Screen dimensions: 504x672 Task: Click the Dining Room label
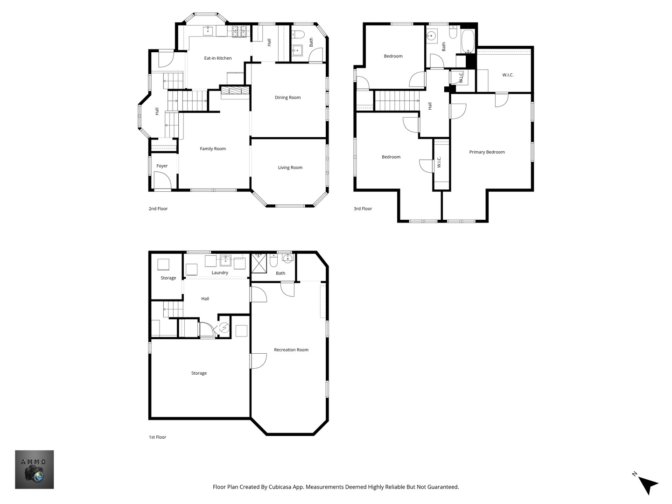[287, 98]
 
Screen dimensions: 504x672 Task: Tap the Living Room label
[290, 168]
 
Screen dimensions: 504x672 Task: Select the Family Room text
[213, 149]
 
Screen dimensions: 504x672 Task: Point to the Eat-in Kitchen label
[218, 58]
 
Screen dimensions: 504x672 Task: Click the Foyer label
[162, 166]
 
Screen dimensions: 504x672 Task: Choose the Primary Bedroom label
[487, 152]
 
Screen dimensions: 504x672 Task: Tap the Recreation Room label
[291, 350]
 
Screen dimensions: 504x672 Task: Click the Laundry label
[220, 273]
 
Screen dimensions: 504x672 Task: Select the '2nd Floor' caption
[158, 209]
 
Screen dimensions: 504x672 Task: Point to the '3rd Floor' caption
[363, 209]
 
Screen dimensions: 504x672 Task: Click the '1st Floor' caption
[157, 437]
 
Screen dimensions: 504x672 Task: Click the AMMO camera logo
[35, 469]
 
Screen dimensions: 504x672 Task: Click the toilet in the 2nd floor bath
[299, 34]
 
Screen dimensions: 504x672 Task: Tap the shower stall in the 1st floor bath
[259, 263]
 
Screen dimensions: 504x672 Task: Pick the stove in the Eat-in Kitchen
[239, 31]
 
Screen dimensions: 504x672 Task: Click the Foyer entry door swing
[162, 180]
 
